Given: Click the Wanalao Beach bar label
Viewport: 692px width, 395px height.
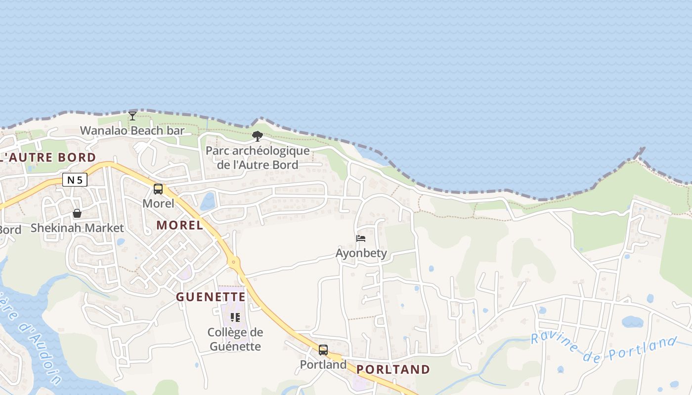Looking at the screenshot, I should point(132,131).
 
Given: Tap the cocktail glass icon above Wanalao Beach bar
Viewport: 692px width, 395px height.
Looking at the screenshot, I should point(132,116).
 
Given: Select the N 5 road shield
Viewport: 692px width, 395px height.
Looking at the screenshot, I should point(75,180).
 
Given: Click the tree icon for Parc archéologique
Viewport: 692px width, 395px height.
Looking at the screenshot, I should point(257,136).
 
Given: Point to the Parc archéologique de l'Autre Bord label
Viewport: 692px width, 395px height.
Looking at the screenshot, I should point(258,158).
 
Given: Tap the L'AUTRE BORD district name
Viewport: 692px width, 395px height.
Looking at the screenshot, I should point(48,158).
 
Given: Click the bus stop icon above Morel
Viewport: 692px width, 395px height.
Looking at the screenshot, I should point(158,189).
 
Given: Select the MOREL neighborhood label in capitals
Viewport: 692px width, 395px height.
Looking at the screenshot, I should point(179,225).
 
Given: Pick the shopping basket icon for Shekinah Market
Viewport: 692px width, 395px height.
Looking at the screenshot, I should point(77,214).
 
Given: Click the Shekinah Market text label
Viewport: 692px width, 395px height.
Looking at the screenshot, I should point(77,228).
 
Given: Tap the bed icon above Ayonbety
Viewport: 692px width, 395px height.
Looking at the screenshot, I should point(361,239).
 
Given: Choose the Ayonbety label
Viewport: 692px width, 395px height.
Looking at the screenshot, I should point(361,254).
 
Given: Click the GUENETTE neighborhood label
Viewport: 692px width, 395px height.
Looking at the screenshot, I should point(211,297).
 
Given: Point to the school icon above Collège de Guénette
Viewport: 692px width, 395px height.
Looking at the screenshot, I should point(235,317).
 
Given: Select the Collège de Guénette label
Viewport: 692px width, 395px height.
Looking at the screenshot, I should point(235,339).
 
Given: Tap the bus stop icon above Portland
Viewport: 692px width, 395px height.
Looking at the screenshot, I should point(323,350).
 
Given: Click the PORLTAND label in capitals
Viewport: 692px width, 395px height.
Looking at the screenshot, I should point(393,369).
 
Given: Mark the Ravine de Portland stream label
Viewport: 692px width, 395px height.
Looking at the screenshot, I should point(604,348).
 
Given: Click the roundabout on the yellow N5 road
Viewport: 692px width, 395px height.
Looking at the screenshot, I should point(234,261).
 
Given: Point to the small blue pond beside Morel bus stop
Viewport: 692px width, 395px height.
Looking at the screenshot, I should point(208,201).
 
